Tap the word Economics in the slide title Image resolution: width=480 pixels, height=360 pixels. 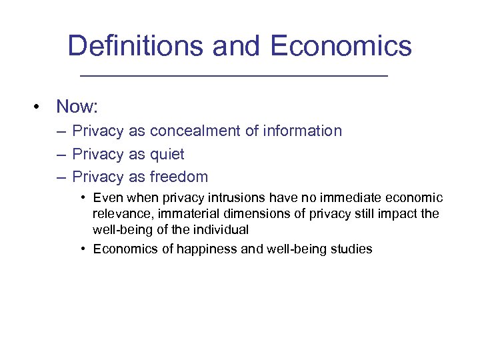(x=341, y=46)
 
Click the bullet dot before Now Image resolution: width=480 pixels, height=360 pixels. (x=41, y=107)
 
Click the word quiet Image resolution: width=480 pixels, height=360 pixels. (x=167, y=155)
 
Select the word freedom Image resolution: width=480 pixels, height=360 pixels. (x=179, y=177)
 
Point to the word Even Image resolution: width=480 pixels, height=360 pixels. (x=107, y=197)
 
